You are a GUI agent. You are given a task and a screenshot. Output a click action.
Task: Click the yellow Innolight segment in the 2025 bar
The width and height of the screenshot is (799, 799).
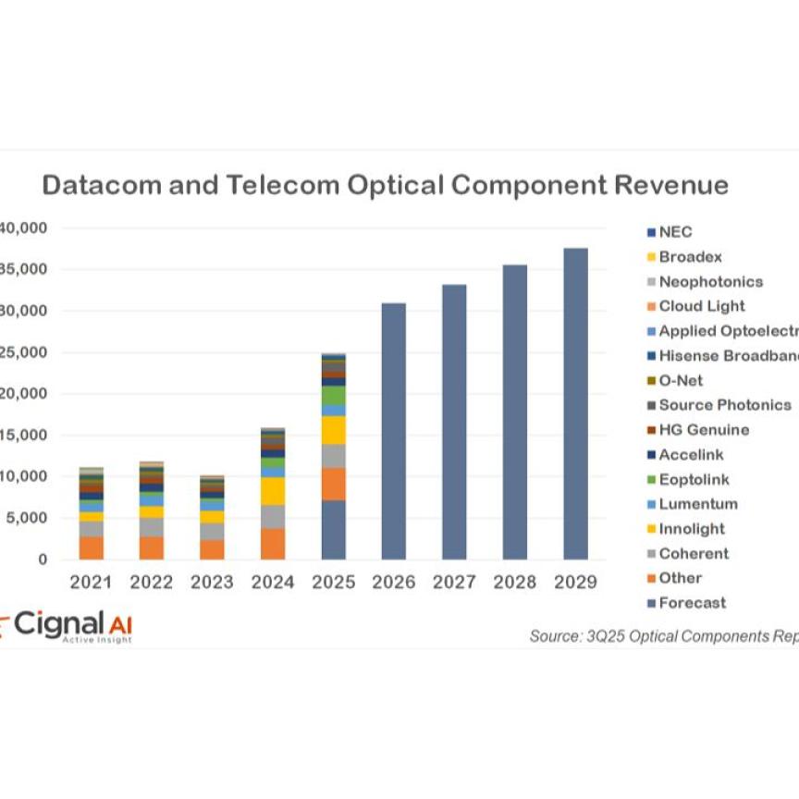point(333,430)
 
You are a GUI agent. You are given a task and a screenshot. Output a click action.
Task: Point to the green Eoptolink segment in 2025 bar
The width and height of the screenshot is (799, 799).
point(333,395)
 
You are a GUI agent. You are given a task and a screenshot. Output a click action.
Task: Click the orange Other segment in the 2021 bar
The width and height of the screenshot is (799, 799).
point(91,547)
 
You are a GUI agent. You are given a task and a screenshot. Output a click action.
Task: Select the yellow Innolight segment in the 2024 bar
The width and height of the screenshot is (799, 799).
point(272,491)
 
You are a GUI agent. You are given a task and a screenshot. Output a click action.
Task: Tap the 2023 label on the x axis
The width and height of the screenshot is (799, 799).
point(212,582)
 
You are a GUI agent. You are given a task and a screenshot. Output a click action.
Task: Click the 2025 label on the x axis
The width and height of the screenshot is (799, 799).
point(333,582)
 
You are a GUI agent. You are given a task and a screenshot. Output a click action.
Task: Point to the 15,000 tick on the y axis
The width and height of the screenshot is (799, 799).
point(24,436)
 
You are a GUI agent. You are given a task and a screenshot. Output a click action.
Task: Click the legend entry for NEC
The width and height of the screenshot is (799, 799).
point(674,232)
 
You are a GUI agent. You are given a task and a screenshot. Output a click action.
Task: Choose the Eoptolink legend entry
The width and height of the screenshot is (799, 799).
point(694,479)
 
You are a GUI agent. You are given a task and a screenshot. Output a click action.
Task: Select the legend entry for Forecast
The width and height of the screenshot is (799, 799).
point(692,603)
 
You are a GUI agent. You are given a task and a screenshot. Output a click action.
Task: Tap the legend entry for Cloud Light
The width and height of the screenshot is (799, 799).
point(701,306)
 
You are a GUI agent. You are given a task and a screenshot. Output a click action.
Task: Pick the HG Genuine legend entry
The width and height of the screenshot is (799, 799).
point(703,430)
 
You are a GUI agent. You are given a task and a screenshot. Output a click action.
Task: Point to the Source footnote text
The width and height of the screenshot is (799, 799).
point(662,636)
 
